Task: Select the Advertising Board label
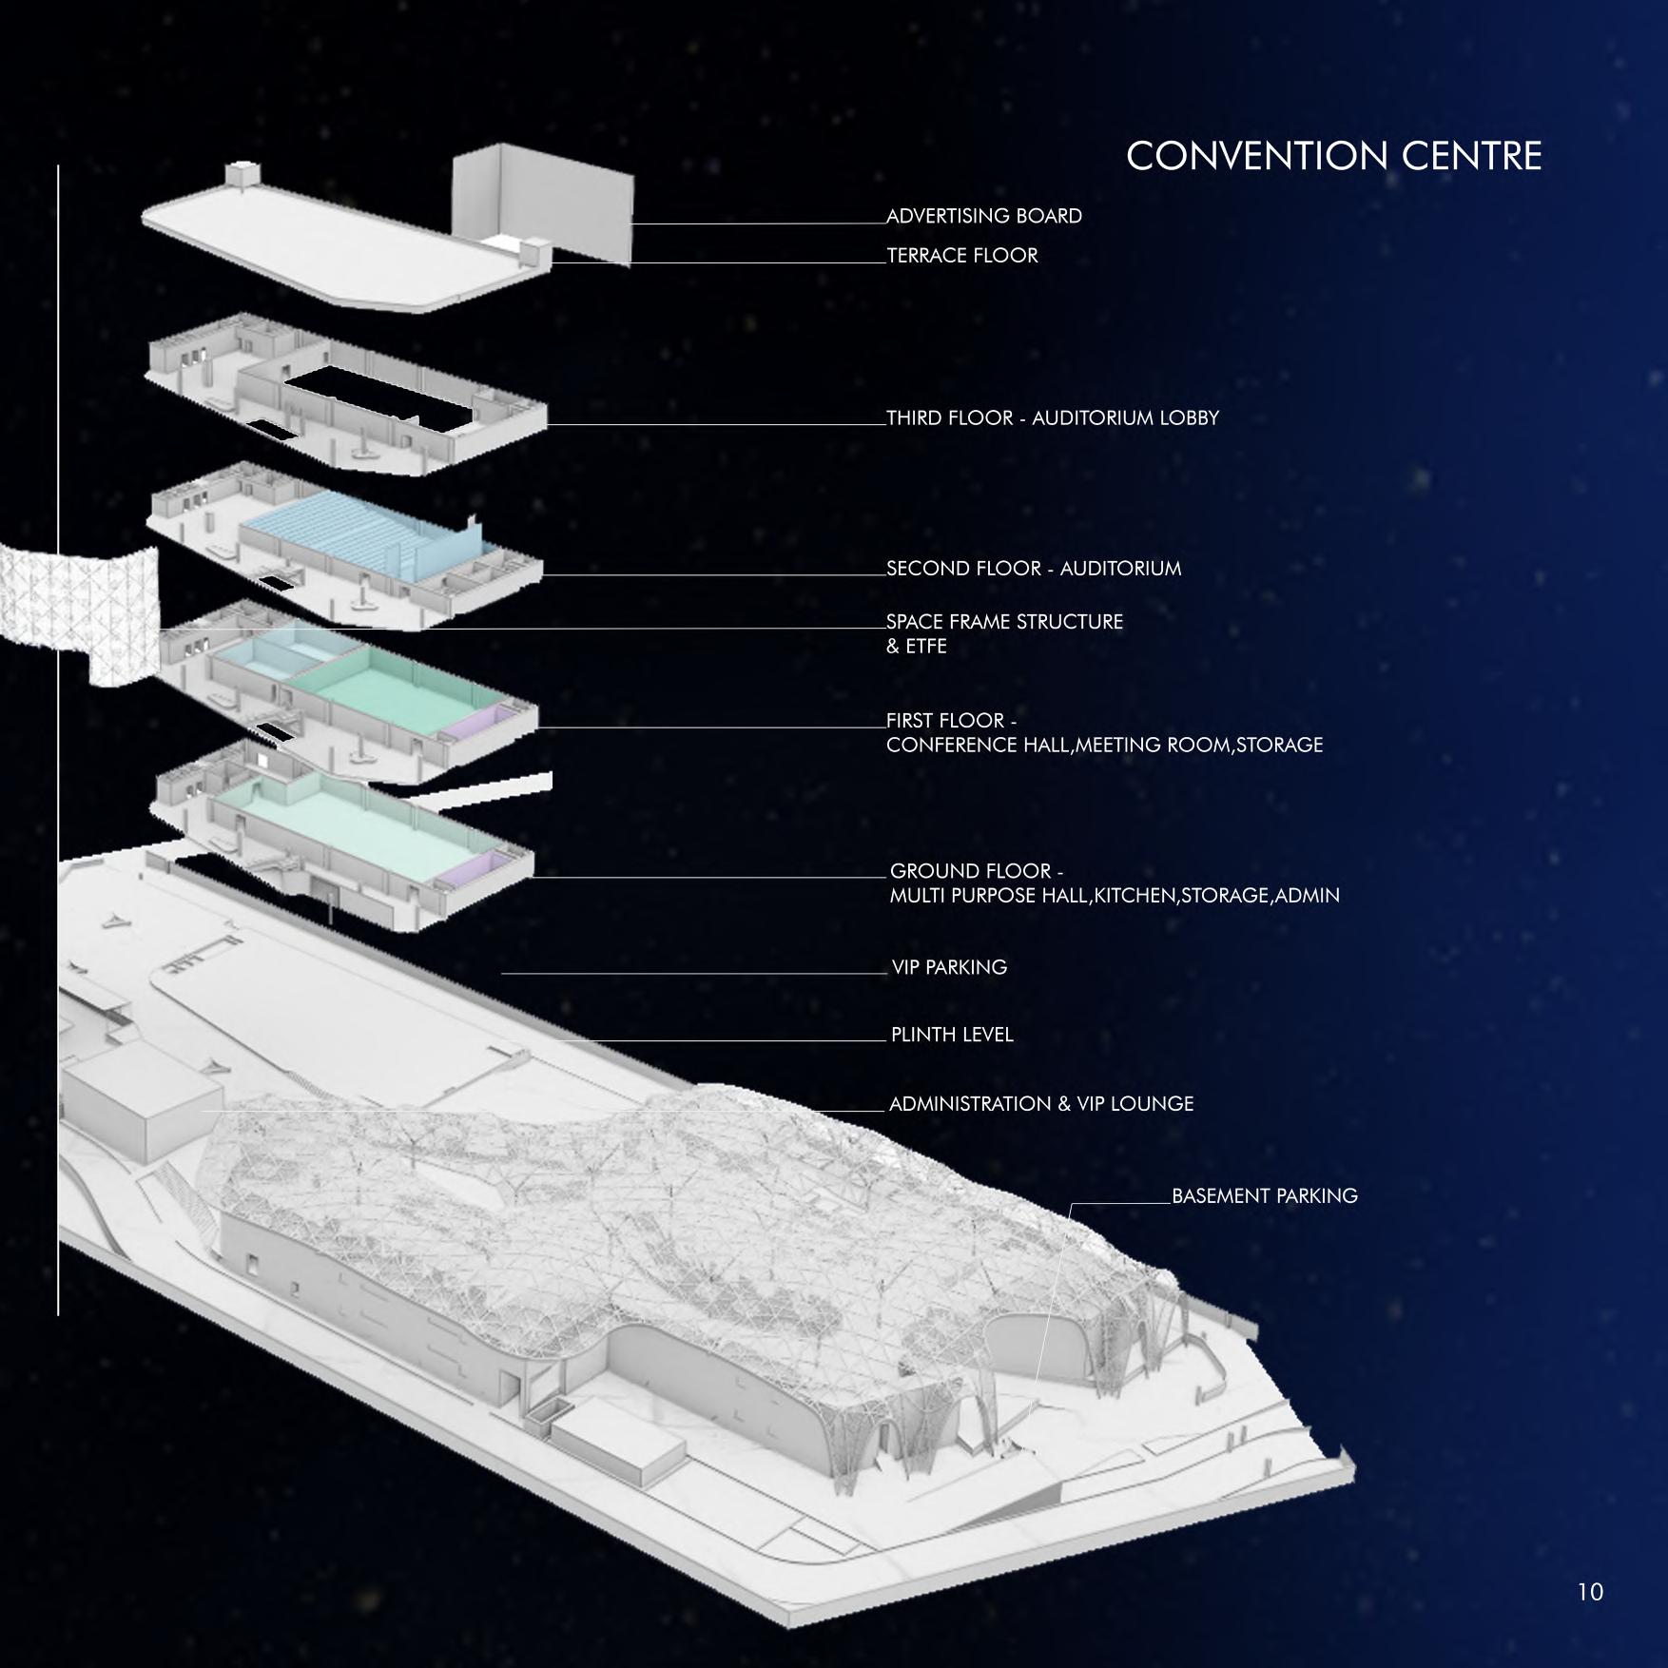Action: tap(984, 217)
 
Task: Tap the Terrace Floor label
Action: tap(962, 256)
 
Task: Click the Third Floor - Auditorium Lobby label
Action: tap(1053, 418)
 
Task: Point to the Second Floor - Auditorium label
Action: tap(1034, 569)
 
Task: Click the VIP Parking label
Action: tap(949, 967)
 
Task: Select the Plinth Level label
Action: tap(952, 1035)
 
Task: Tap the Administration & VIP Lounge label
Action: tap(1041, 1104)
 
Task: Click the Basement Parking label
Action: tap(1264, 1196)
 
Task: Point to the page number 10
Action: tap(1589, 1592)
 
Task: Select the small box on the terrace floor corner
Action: tap(241, 174)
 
